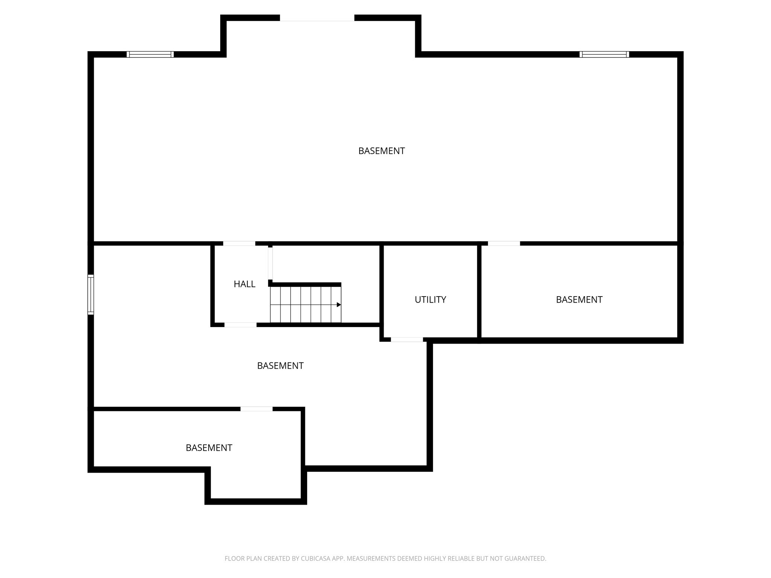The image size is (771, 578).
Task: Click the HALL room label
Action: pyautogui.click(x=244, y=284)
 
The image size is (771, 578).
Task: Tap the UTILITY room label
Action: pyautogui.click(x=430, y=300)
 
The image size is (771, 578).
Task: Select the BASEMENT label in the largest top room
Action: pyautogui.click(x=381, y=151)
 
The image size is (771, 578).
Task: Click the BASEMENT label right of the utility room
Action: pyautogui.click(x=579, y=300)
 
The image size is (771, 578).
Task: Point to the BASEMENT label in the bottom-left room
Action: pyautogui.click(x=209, y=448)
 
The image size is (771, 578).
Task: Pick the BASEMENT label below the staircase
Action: pyautogui.click(x=280, y=366)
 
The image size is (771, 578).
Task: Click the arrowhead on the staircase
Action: pyautogui.click(x=339, y=305)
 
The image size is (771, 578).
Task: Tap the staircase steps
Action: pyautogui.click(x=305, y=304)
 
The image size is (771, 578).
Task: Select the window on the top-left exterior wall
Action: pyautogui.click(x=150, y=54)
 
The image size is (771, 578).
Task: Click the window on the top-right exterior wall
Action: pyautogui.click(x=604, y=54)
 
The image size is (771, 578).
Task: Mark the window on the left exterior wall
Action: pyautogui.click(x=91, y=295)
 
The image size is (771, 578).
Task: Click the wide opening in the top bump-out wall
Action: pyautogui.click(x=317, y=18)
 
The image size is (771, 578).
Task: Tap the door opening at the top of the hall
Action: pyautogui.click(x=239, y=243)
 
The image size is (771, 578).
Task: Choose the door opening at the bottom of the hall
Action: pyautogui.click(x=241, y=325)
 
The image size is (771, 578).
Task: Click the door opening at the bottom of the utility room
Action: pyautogui.click(x=407, y=339)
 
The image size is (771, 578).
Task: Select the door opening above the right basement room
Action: pyautogui.click(x=504, y=243)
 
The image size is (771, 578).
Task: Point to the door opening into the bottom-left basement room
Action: pyautogui.click(x=256, y=409)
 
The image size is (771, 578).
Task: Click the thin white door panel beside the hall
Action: pyautogui.click(x=270, y=263)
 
